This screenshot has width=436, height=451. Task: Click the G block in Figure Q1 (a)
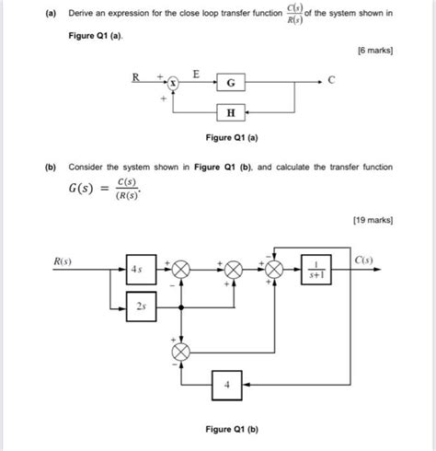click(x=230, y=84)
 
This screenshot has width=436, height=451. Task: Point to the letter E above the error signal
click(x=195, y=72)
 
